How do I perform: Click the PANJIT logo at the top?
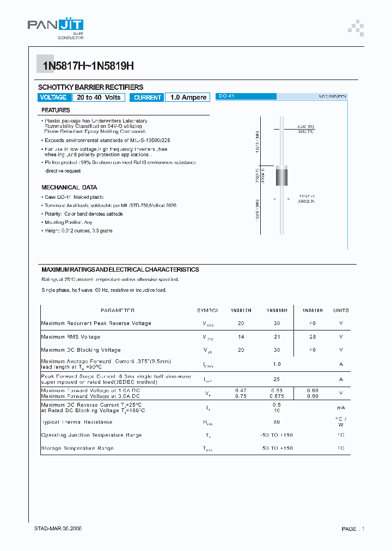point(56,27)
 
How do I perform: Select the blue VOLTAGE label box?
point(53,97)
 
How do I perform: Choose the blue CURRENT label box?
point(148,97)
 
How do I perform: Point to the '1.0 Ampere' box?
point(188,97)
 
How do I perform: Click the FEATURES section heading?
point(56,110)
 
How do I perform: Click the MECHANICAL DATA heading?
point(69,187)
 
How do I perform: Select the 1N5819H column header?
point(312,310)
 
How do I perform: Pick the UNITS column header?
point(341,310)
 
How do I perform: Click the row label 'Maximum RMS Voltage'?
point(71,337)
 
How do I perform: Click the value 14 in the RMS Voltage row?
point(241,337)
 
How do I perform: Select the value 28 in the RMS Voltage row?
point(312,337)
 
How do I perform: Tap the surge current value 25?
point(277,379)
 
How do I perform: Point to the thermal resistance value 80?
point(277,422)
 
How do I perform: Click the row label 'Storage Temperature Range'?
point(77,449)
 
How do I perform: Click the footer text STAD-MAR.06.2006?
point(58,529)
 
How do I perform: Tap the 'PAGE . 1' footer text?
point(353,529)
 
